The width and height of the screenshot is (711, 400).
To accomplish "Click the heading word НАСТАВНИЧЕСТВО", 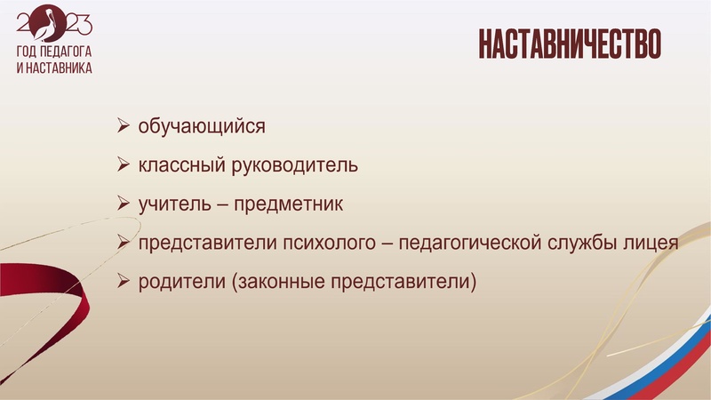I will (568, 44).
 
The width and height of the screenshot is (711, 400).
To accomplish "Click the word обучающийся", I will (202, 126).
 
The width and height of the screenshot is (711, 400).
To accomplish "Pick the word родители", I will (176, 283).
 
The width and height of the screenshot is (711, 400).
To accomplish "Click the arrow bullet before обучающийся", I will (124, 126).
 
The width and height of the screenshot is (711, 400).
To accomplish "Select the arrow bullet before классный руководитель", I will (124, 165).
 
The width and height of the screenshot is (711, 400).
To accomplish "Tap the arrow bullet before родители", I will (124, 283).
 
